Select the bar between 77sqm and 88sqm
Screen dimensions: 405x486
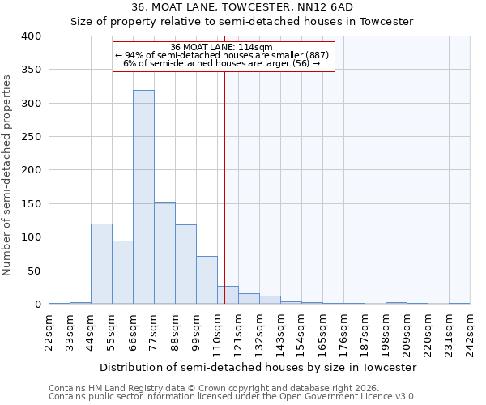click(x=164, y=253)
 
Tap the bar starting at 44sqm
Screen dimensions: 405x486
click(x=101, y=264)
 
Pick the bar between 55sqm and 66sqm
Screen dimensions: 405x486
click(x=122, y=272)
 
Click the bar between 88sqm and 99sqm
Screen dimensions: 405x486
click(x=185, y=264)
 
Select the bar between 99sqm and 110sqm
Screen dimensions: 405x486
click(x=207, y=280)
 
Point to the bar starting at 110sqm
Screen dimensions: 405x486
click(x=228, y=295)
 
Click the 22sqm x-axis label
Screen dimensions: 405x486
click(x=49, y=331)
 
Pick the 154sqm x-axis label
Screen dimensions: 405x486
click(x=302, y=331)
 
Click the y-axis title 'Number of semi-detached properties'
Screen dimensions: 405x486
click(x=7, y=174)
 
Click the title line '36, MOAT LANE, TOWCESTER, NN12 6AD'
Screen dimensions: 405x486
click(x=243, y=7)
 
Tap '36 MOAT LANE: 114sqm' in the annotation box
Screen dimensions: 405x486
click(x=222, y=47)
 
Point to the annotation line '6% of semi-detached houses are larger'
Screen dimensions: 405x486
click(x=222, y=63)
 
